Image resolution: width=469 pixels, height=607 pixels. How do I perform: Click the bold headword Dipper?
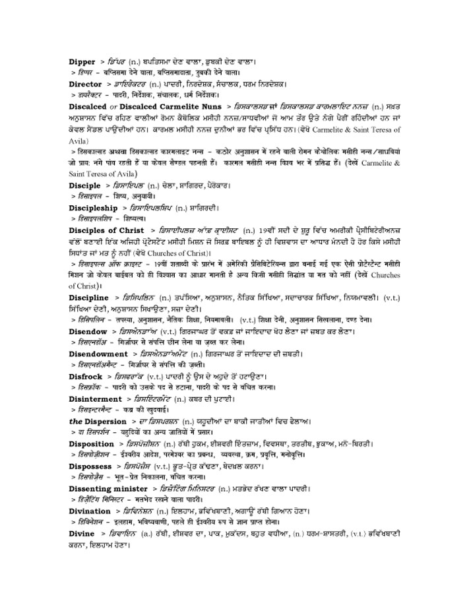point(83,61)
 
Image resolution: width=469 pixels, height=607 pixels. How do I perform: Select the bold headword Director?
point(86,84)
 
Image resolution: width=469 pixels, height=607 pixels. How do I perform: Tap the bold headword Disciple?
point(85,185)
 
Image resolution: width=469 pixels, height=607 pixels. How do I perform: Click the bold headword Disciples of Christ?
point(106,230)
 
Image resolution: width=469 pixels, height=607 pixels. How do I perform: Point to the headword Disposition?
point(92,443)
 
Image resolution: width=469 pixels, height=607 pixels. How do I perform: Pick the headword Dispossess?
point(91,466)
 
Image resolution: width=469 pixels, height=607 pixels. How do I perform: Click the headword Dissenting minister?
point(109,489)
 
